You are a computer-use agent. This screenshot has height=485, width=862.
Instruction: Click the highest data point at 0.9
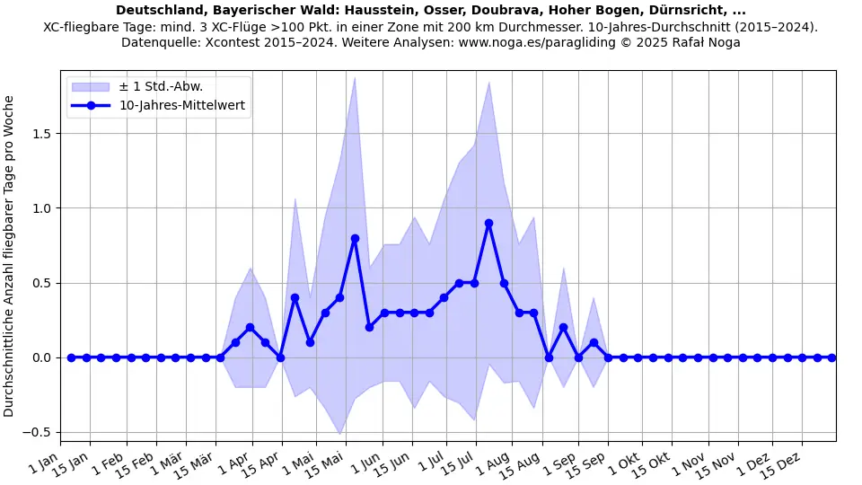click(488, 223)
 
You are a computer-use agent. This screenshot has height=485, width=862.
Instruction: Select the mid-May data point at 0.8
click(355, 238)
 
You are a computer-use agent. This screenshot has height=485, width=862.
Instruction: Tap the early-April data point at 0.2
click(250, 328)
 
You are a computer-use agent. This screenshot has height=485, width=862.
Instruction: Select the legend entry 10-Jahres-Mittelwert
click(182, 105)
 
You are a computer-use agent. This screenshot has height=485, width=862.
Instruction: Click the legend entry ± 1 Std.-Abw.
click(161, 86)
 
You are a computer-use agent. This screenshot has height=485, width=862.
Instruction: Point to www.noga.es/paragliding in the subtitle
click(590, 42)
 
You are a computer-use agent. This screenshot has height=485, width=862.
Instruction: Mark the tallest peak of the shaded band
click(355, 77)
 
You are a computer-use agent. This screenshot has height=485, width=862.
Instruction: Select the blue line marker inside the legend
click(91, 105)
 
